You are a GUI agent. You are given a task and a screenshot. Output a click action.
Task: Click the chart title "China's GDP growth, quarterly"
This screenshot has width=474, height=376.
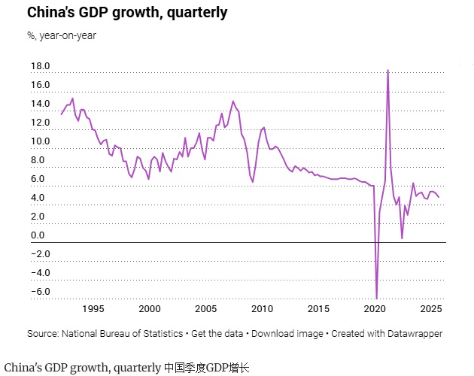(x=127, y=13)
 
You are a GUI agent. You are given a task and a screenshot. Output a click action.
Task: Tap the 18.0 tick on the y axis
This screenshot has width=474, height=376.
(x=40, y=66)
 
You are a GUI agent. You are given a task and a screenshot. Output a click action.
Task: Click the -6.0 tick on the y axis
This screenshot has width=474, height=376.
(x=41, y=292)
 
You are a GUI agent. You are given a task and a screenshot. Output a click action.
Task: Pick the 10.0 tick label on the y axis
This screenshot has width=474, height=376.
(x=40, y=141)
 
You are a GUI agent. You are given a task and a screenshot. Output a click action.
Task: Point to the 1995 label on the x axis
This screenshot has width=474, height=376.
(x=93, y=309)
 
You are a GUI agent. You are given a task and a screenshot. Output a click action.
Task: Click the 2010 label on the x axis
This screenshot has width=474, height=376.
(x=263, y=309)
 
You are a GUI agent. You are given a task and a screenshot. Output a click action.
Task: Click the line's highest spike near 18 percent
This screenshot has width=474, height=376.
(x=387, y=70)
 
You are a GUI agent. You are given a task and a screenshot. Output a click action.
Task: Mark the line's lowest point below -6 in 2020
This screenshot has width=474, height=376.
(x=376, y=298)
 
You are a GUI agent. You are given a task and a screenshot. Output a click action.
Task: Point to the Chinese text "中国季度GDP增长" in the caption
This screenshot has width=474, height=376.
(x=207, y=368)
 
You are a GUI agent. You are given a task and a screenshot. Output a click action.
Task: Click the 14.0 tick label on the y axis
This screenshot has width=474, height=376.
(x=40, y=104)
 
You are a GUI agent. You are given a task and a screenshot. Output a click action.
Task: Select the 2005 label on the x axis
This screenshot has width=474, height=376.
(x=206, y=309)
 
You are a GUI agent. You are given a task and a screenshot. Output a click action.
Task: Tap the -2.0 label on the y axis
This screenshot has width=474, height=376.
(x=41, y=254)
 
